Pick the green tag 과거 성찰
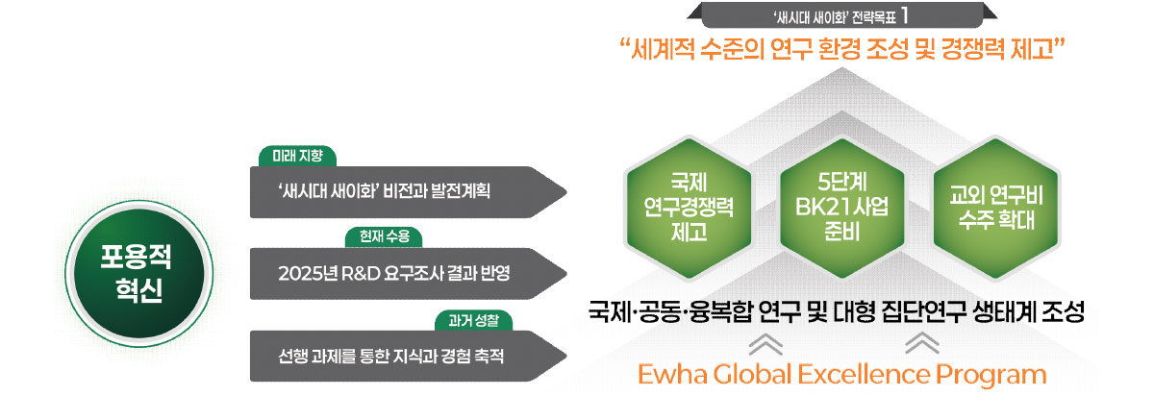tap(474, 318)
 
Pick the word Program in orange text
tap(995, 374)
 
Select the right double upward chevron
tap(922, 341)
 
